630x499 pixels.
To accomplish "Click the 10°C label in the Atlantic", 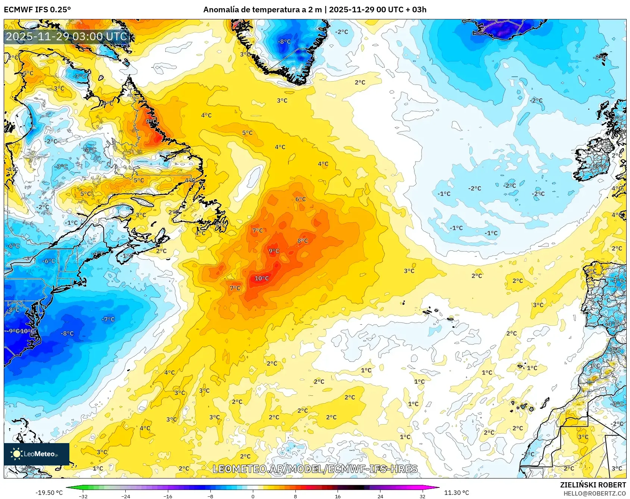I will click(261, 278).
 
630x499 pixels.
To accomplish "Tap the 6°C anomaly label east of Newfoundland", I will click(300, 199).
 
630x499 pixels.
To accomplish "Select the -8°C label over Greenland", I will click(284, 42).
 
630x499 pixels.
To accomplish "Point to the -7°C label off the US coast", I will click(108, 319).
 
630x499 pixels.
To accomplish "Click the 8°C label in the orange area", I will click(303, 241).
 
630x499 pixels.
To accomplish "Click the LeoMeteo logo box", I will click(37, 454).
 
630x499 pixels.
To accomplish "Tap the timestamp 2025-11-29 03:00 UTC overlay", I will click(66, 37).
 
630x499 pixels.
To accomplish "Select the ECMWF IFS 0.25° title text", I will click(37, 10).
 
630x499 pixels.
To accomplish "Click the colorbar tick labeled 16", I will click(338, 496).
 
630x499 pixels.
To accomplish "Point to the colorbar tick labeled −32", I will click(83, 496).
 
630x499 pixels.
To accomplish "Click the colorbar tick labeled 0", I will click(253, 496).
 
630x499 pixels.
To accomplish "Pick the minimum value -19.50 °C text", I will click(49, 493).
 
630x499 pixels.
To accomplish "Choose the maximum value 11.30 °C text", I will click(457, 493).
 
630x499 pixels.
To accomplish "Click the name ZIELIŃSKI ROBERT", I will click(593, 485).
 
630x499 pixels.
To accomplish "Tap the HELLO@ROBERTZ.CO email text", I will click(595, 493).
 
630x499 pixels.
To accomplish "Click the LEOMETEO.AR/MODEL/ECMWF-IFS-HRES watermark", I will click(315, 469).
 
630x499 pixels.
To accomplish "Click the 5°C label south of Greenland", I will click(247, 133).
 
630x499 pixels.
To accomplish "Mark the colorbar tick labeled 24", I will click(380, 496).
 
